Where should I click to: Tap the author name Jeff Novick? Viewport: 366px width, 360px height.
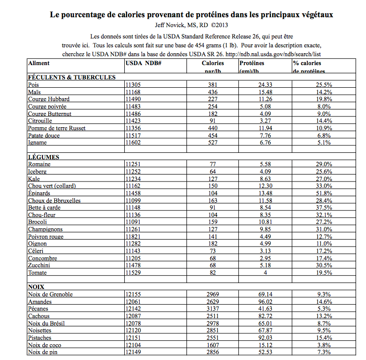tap(169, 25)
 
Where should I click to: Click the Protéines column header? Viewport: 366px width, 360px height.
tap(252, 63)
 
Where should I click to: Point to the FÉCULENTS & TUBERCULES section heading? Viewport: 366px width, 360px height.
tap(72, 77)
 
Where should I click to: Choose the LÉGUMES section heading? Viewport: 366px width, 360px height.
tap(44, 157)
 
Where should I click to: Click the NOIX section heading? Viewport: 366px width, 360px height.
tap(37, 287)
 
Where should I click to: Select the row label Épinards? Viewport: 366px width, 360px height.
tap(40, 193)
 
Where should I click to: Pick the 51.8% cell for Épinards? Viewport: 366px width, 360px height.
tap(324, 193)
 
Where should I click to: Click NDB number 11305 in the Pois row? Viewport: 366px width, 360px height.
tap(133, 85)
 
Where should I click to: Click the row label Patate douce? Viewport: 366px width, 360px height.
tap(44, 136)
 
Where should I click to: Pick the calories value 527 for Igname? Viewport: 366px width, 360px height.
tap(213, 143)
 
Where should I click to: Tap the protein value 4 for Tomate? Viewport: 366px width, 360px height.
tap(265, 273)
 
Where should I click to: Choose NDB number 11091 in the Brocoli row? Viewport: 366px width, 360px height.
tap(133, 222)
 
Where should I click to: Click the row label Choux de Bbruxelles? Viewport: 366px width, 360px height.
tap(54, 201)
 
